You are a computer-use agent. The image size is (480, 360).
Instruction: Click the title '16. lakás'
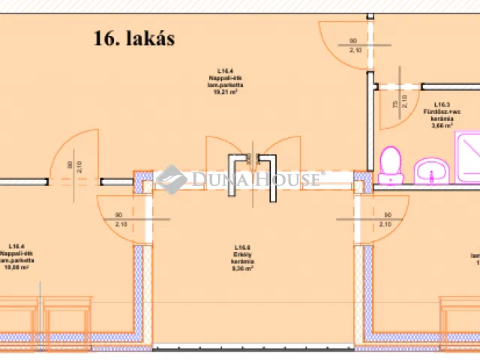point(134,39)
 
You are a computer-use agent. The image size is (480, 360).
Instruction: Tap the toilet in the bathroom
point(390,165)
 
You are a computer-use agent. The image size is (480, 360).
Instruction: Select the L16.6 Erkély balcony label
point(241,252)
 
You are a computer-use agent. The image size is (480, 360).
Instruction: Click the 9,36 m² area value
point(241,265)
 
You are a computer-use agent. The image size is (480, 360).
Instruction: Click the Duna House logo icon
point(172,179)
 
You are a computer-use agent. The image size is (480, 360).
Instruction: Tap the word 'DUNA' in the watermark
point(214,179)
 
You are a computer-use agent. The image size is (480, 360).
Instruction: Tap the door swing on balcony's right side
point(382,214)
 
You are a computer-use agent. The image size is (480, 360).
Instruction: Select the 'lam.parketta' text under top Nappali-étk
point(223,86)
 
